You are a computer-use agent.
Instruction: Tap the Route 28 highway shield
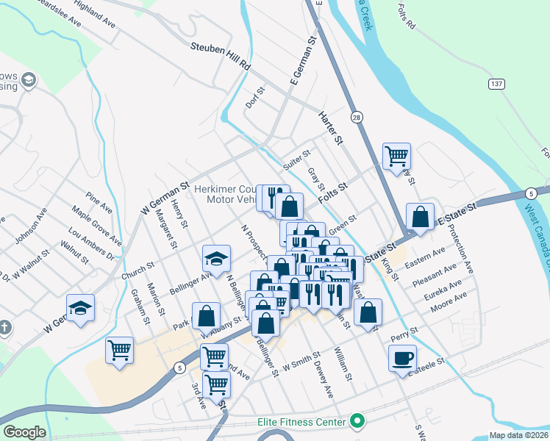pyautogui.click(x=357, y=118)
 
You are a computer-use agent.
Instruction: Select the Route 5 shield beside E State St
pyautogui.click(x=530, y=193)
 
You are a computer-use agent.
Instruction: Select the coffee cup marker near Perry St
pyautogui.click(x=402, y=358)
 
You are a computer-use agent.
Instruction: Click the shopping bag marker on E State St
pyautogui.click(x=420, y=217)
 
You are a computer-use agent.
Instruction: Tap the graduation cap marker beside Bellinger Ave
pyautogui.click(x=217, y=258)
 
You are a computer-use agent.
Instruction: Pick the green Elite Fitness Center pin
pyautogui.click(x=357, y=422)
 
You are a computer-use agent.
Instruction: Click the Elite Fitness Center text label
pyautogui.click(x=301, y=422)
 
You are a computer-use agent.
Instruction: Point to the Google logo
pyautogui.click(x=24, y=432)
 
